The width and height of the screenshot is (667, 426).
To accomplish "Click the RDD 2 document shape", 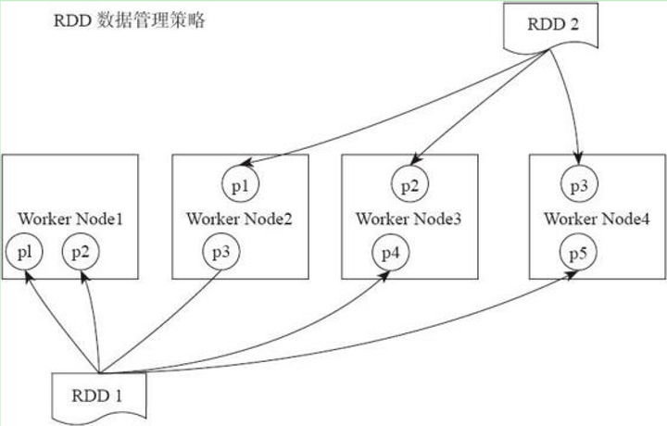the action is [x=551, y=26].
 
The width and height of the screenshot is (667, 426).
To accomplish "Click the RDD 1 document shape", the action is [x=99, y=397].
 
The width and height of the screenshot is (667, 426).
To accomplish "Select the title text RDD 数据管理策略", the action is [x=130, y=20].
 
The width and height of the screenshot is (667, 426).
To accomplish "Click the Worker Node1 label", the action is [x=70, y=219].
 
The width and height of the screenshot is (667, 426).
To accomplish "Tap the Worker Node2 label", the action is [x=239, y=219].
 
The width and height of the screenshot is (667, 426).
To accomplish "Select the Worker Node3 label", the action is [x=409, y=219].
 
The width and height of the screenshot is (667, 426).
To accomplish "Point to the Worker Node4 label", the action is [x=597, y=219].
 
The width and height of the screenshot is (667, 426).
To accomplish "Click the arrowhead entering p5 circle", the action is [x=572, y=274].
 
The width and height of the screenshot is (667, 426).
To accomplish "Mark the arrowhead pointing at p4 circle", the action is [x=384, y=276].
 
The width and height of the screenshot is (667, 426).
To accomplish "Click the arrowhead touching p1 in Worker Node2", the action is [x=246, y=162].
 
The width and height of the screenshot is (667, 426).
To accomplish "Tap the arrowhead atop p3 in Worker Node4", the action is [x=578, y=158].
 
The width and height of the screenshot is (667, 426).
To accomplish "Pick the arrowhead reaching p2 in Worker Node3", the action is [x=416, y=159].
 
